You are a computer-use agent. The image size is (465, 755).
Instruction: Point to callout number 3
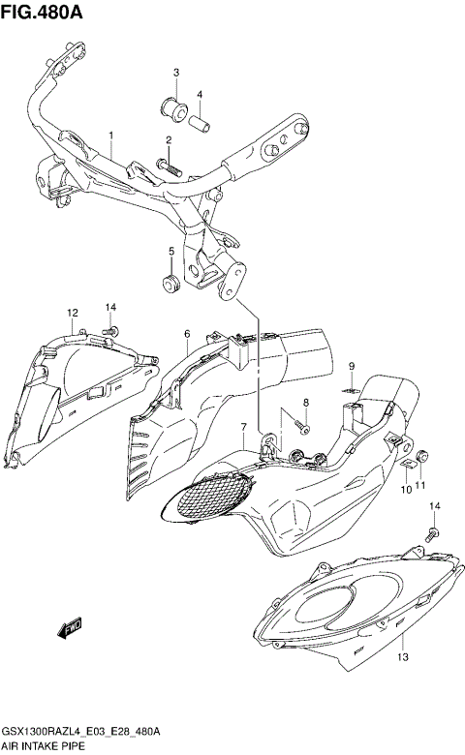[200, 94]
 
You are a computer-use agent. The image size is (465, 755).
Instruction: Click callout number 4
[170, 252]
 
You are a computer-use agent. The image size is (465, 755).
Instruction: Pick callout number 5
[186, 334]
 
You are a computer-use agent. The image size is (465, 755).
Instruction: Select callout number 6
[244, 427]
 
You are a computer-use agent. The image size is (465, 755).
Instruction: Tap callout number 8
[353, 365]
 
